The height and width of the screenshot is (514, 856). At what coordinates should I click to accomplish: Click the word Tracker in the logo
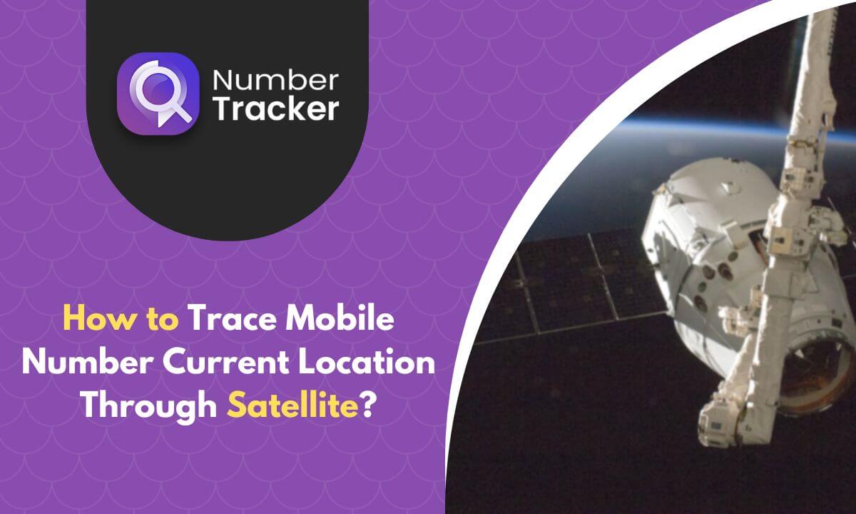coord(275,109)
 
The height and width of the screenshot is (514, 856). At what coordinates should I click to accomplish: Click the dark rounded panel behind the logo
coord(228,178)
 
